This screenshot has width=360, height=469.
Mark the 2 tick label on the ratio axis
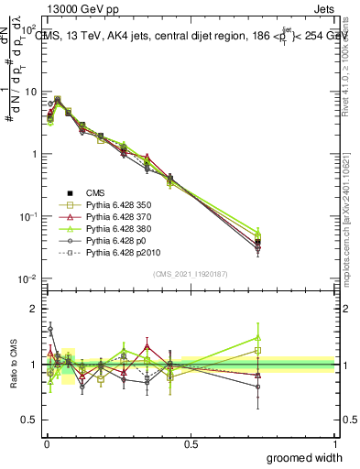pos(32,309)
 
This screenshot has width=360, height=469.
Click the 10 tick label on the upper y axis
pos(29,92)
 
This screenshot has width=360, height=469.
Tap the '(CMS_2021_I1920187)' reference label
pos(191,273)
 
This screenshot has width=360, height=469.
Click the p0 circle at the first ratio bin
pos(50,328)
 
